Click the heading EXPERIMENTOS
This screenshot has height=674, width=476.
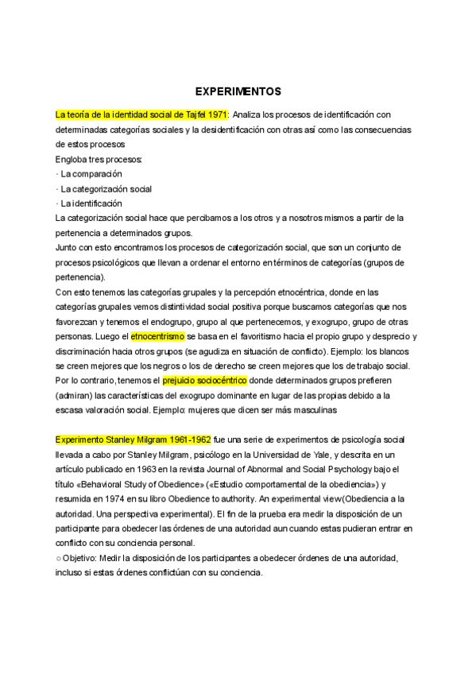click(x=238, y=91)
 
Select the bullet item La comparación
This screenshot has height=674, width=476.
click(x=91, y=174)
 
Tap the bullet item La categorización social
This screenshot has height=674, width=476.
click(x=106, y=189)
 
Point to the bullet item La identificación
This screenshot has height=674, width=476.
click(x=91, y=203)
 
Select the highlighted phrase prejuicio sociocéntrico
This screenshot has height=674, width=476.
click(x=205, y=381)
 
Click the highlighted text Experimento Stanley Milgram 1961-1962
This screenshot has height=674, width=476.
click(x=133, y=440)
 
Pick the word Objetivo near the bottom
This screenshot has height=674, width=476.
click(x=81, y=558)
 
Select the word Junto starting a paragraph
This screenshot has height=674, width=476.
click(x=68, y=248)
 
